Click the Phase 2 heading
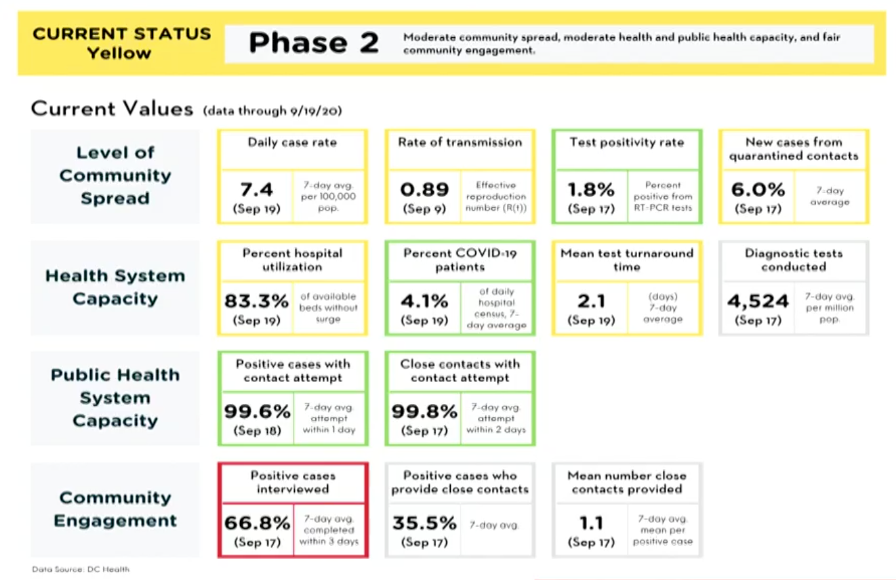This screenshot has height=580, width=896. [x=313, y=43]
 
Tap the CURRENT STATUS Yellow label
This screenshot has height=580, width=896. [x=121, y=43]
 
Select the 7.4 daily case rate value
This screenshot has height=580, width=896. [x=256, y=189]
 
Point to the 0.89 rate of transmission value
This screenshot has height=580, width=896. [x=424, y=189]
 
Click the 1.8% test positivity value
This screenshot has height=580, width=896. [x=590, y=189]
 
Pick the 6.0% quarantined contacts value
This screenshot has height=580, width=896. [x=757, y=189]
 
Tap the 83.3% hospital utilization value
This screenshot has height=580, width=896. [x=256, y=300]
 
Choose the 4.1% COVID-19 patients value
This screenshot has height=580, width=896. [x=424, y=300]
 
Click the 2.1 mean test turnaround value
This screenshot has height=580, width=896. [x=590, y=300]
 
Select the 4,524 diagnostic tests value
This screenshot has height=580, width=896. [x=758, y=300]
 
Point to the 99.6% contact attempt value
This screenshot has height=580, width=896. [x=256, y=411]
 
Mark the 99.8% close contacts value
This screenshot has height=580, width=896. [x=424, y=411]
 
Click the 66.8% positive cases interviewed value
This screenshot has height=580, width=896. [x=256, y=522]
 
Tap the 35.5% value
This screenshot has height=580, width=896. [x=424, y=522]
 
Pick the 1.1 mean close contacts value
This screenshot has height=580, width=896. [x=590, y=522]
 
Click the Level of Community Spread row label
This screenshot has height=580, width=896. [x=115, y=175]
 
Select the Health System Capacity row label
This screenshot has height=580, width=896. [x=115, y=287]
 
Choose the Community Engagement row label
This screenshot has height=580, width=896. [x=115, y=509]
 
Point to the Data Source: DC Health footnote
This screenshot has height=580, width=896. [x=81, y=569]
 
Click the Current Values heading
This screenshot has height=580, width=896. [x=112, y=109]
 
